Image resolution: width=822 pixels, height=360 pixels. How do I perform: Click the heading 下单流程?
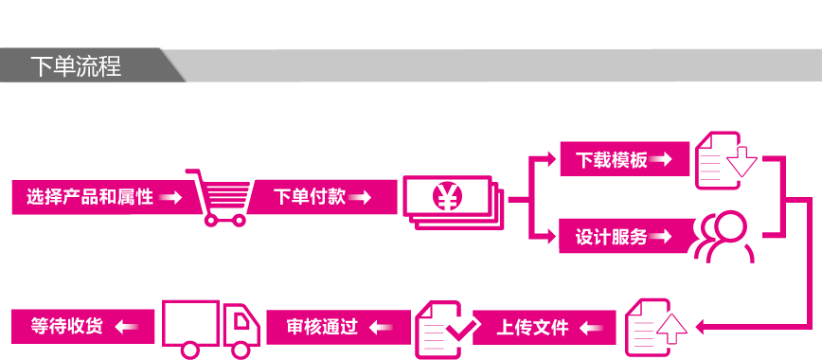pos(76,67)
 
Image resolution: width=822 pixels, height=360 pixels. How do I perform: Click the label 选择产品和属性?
pos(90,198)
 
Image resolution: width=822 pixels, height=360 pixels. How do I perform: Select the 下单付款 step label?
pos(310,197)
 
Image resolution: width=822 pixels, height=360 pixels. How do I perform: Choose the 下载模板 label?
pos(612,160)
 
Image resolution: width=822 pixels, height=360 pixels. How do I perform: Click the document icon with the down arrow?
pos(725,159)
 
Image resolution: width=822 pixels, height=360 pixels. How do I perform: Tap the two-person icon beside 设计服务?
pos(723,237)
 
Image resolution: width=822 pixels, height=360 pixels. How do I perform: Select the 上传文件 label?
pos(533,328)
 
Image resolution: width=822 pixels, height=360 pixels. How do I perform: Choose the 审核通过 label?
pos(322,328)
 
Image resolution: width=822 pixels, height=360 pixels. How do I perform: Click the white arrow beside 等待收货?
pos(128,328)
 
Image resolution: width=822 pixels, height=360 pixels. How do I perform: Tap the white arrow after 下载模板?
pos(662,160)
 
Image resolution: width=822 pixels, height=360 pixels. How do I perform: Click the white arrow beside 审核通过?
pos(381,328)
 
